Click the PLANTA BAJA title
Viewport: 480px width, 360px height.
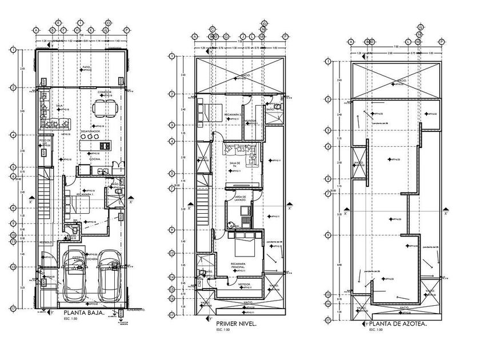[83, 313]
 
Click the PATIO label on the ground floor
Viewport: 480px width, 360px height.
[86, 67]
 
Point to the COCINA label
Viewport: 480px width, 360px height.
[95, 159]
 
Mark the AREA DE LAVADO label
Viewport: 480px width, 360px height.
[240, 198]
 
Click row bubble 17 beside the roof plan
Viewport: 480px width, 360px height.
[328, 320]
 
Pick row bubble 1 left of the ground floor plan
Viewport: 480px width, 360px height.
[13, 50]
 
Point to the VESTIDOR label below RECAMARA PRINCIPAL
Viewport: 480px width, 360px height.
[245, 284]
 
